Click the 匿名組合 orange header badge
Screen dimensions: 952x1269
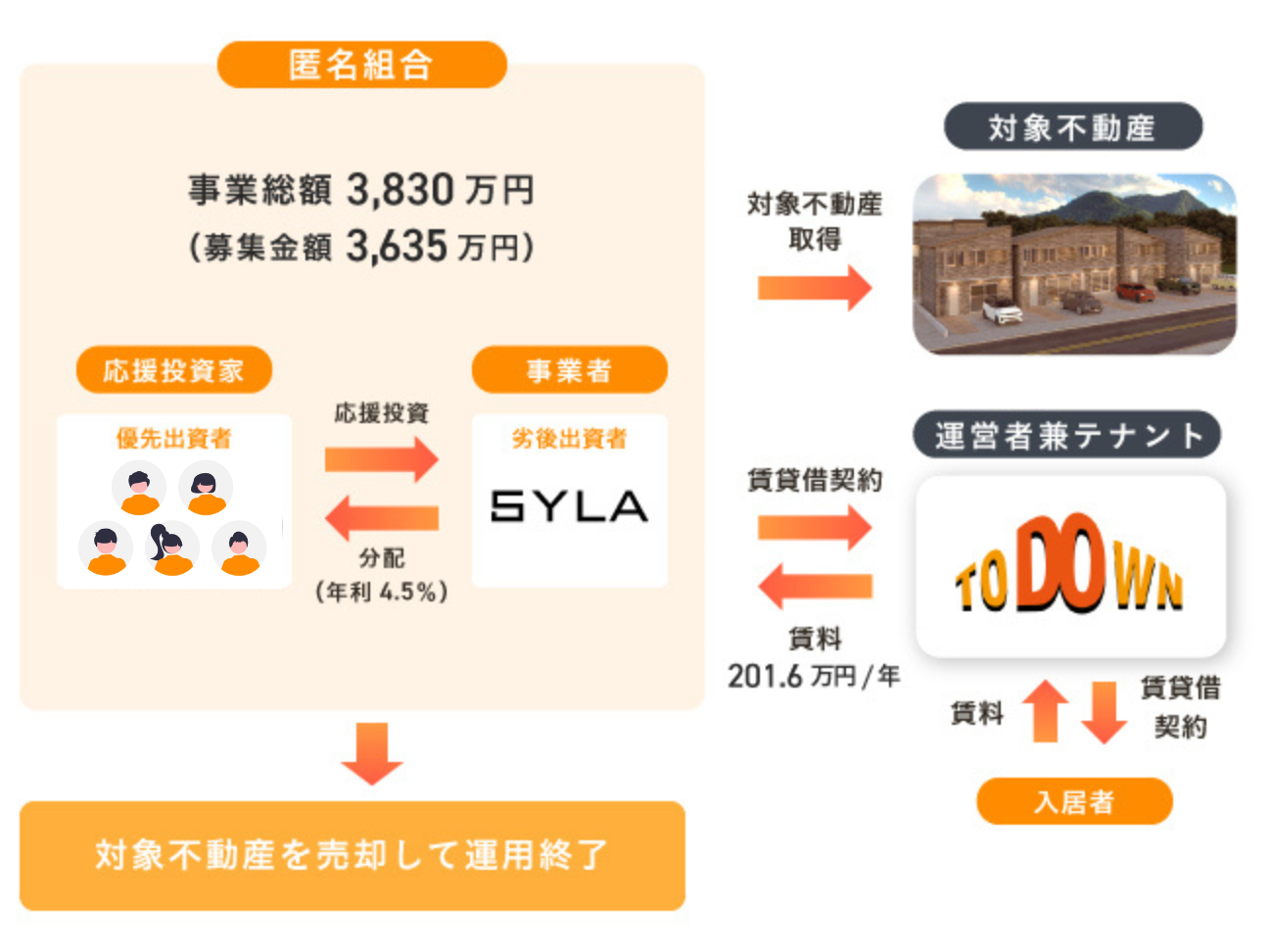361,65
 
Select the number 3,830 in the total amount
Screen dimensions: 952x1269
399,189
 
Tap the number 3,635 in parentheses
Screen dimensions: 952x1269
396,247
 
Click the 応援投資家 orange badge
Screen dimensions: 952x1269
173,370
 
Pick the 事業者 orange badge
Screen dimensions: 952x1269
569,370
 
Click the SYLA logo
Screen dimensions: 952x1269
569,505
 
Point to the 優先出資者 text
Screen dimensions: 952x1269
173,438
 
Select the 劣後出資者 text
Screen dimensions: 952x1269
569,438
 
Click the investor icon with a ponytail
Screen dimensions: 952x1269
170,548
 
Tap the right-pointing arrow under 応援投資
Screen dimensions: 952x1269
381,458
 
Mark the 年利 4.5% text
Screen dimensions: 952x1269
381,592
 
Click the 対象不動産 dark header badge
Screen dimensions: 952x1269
1072,127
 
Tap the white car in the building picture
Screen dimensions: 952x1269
1002,312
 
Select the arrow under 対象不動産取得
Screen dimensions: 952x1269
814,287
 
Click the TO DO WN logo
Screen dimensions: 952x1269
1069,566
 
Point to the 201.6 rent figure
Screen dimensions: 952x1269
765,676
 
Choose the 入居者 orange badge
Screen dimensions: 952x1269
1074,802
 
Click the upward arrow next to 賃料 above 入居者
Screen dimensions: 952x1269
1046,710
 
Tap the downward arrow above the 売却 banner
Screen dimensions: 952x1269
372,753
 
